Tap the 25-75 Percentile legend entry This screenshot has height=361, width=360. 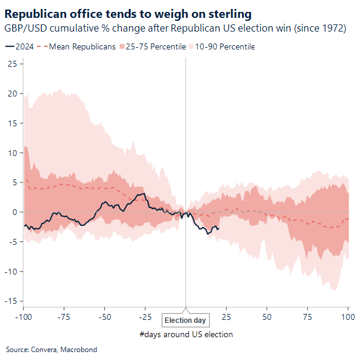click(152, 46)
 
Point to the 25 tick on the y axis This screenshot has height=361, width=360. click(12, 64)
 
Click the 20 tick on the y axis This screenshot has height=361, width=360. click(12, 94)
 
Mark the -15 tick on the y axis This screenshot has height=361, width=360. click(10, 301)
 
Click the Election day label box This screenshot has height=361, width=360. click(185, 320)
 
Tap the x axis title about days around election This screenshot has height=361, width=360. click(186, 334)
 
